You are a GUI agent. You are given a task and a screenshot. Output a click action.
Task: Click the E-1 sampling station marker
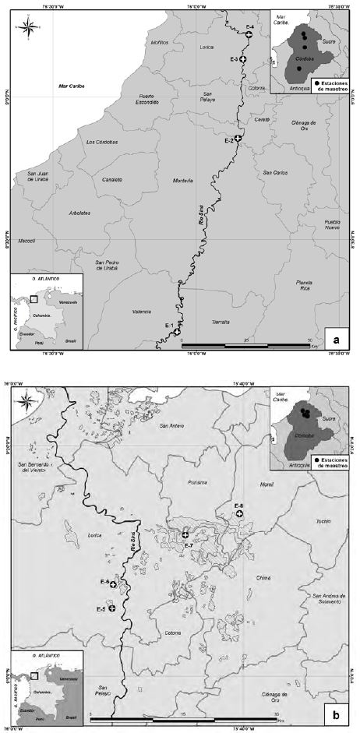click(x=178, y=331)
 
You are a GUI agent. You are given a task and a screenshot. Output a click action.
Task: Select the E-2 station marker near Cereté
click(x=238, y=138)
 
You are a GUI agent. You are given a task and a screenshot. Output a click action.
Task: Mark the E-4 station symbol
click(x=249, y=34)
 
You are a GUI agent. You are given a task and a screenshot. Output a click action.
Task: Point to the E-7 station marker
click(x=185, y=534)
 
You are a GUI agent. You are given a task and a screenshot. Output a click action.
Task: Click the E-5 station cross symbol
click(x=112, y=608)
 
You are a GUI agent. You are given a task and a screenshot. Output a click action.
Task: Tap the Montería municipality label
click(x=183, y=181)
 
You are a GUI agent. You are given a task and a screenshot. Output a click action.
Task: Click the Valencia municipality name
click(x=141, y=312)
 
